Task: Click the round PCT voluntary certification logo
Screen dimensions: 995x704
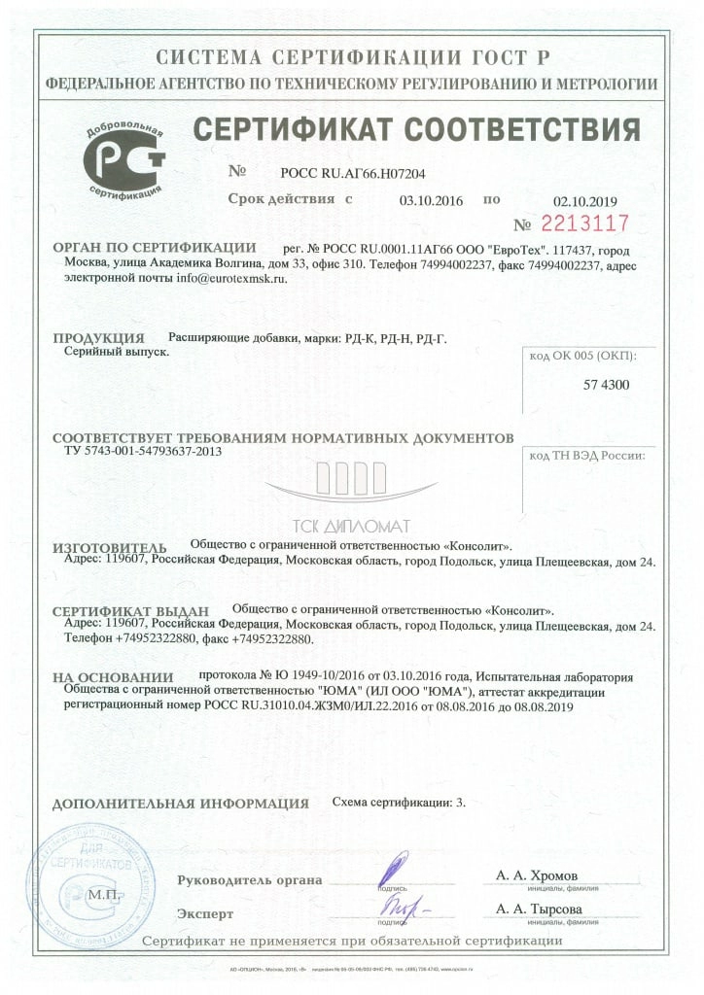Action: [124, 161]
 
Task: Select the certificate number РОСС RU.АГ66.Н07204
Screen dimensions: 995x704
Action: [339, 174]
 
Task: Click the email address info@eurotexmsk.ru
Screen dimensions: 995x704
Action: [232, 278]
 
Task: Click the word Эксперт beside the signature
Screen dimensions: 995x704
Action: [205, 914]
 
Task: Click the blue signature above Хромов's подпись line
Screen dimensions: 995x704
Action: [394, 868]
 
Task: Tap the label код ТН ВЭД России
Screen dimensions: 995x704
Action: [588, 455]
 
